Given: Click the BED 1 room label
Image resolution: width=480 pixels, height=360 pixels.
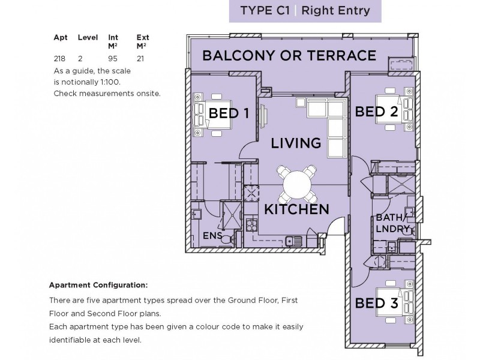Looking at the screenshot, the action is pyautogui.click(x=229, y=113).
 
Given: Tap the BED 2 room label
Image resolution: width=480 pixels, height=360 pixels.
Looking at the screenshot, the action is pyautogui.click(x=376, y=112).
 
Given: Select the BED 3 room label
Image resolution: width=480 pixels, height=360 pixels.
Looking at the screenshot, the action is pyautogui.click(x=376, y=303).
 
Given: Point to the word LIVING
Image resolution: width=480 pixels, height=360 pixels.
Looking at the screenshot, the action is pyautogui.click(x=296, y=143).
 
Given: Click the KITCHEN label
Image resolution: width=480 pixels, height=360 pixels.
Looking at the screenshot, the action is pyautogui.click(x=296, y=209).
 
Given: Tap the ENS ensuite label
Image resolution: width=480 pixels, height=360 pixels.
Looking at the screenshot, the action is pyautogui.click(x=212, y=235).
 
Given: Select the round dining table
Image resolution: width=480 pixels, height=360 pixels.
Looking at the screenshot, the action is pyautogui.click(x=296, y=185).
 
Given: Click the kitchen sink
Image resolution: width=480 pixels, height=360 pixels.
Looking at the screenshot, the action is pyautogui.click(x=293, y=241).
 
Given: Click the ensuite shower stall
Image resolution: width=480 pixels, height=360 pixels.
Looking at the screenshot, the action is pyautogui.click(x=232, y=215).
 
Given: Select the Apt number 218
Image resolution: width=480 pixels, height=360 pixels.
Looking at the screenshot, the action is pyautogui.click(x=59, y=58).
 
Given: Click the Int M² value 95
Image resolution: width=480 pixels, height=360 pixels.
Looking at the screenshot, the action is pyautogui.click(x=113, y=58).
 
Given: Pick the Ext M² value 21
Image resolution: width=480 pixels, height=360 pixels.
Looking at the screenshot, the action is pyautogui.click(x=140, y=58).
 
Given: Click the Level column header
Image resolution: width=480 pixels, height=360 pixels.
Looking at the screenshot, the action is pyautogui.click(x=88, y=37).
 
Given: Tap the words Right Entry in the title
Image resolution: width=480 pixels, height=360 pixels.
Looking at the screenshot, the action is pyautogui.click(x=335, y=11).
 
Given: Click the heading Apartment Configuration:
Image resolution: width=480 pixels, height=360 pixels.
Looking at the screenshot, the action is pyautogui.click(x=98, y=286).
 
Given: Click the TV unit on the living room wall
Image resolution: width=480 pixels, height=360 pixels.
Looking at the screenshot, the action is pyautogui.click(x=263, y=116).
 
